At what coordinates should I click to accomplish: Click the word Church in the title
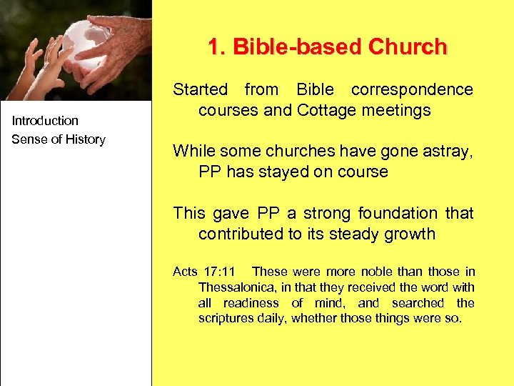coord(408,47)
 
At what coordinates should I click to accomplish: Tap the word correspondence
coord(412,90)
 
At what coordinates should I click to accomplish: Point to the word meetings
coord(396,111)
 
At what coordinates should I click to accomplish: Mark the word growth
coord(406,234)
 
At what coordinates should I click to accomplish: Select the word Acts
coord(185,272)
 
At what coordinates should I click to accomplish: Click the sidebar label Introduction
coord(45,121)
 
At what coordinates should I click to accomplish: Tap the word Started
coord(201,90)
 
